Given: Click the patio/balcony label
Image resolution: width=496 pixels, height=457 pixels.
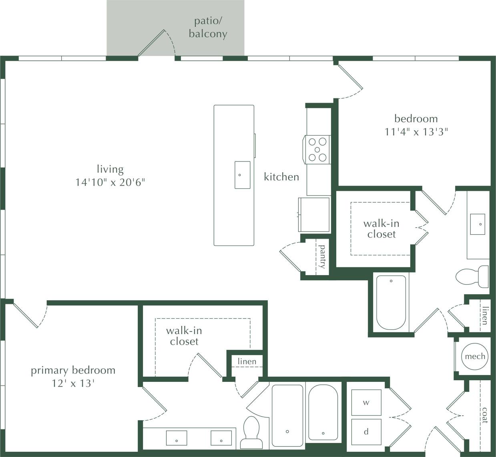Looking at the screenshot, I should click(x=208, y=28).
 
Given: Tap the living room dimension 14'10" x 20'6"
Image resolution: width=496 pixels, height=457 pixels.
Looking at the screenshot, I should click(x=110, y=182).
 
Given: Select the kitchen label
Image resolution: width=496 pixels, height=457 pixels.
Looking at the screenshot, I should click(x=281, y=177).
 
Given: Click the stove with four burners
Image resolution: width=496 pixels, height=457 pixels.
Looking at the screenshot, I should click(x=317, y=150).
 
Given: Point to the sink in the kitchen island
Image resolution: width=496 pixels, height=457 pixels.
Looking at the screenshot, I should click(x=242, y=175).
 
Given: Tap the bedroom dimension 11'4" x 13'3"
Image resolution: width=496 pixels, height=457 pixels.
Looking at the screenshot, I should click(x=416, y=132).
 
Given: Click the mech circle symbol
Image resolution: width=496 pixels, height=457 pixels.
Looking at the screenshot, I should click(x=475, y=356).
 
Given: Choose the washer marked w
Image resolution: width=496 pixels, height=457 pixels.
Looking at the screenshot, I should click(x=366, y=403).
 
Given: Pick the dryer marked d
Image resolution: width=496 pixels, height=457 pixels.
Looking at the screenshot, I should click(x=366, y=432).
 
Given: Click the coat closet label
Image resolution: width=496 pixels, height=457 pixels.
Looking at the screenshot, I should click(x=485, y=415).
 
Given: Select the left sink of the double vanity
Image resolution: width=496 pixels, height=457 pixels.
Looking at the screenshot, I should click(x=177, y=438).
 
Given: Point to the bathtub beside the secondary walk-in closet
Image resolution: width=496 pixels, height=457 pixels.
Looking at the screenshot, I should click(x=391, y=302).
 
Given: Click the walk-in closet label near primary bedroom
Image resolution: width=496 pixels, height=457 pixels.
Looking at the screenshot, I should click(x=184, y=336).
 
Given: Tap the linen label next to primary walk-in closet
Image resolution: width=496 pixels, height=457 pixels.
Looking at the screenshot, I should click(x=247, y=361).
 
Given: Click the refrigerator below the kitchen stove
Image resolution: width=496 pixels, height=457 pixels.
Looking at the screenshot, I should click(x=314, y=214).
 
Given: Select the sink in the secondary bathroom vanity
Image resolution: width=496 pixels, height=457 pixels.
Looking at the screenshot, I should click(x=478, y=224).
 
